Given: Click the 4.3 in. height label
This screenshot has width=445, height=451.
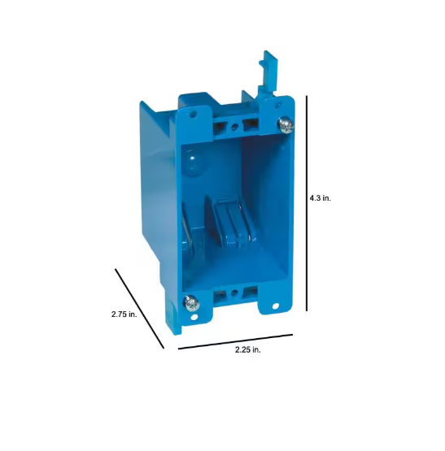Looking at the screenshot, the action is point(320,198).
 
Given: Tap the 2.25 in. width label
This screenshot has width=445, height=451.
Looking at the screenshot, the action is point(247,349).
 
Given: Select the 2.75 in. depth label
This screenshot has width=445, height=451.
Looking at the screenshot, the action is point(124,314).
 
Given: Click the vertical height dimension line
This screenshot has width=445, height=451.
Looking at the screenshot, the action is point(307,203).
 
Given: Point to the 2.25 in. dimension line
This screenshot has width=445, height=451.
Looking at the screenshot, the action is point(235,341).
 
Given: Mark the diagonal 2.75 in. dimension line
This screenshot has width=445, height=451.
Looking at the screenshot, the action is point(139,309).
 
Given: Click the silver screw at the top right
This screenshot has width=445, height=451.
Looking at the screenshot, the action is point(286,125).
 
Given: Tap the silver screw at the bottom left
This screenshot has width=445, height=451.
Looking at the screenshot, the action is point(191,303).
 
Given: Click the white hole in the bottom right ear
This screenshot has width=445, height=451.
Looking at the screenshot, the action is point(276,306).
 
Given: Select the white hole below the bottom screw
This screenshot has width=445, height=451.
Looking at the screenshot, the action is point(194,317).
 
